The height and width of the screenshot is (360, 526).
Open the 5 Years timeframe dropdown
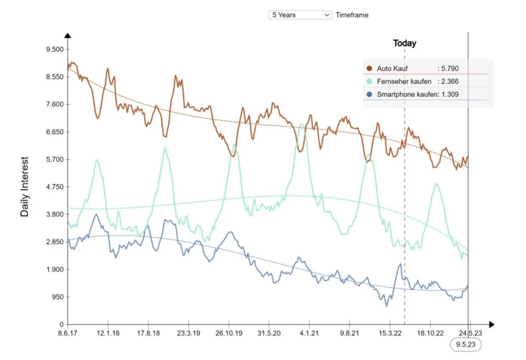click(300, 15)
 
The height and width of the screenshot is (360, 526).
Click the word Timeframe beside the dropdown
click(352, 15)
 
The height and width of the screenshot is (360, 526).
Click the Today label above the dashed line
click(404, 43)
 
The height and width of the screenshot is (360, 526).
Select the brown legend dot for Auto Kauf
click(369, 68)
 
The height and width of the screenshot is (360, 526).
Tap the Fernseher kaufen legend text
click(404, 81)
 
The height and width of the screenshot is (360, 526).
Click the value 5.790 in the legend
click(451, 68)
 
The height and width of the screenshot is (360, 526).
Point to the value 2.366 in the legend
click(451, 81)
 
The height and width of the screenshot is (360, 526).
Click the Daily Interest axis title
click(25, 187)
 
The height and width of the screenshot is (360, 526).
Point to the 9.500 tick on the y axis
click(55, 49)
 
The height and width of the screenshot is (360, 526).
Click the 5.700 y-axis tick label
click(55, 159)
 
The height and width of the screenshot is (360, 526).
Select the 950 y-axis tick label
click(57, 297)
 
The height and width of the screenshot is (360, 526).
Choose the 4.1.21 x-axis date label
click(309, 333)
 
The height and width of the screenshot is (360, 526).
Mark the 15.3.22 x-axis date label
click(389, 333)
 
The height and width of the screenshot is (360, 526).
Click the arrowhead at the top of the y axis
click(68, 35)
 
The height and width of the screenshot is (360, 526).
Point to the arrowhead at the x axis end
click(491, 325)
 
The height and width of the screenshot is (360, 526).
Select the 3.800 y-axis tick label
click(55, 214)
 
